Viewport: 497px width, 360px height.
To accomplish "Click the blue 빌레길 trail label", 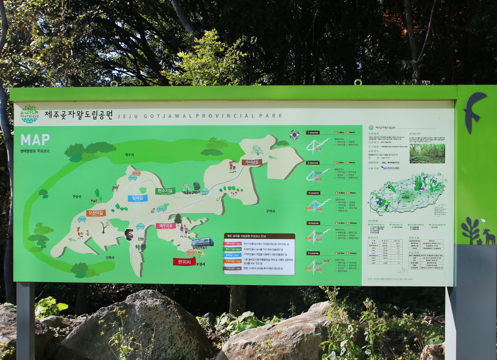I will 138,198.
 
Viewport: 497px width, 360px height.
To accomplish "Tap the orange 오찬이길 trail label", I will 96,213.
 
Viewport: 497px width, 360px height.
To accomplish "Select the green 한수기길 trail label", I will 165,191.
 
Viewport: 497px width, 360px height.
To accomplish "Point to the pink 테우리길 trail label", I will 166,226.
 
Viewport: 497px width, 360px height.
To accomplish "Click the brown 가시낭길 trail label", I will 252,162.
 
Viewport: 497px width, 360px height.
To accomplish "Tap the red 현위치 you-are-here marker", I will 184,262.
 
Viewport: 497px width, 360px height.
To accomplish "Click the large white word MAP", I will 35,140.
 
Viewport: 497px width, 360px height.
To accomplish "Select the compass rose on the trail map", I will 295,134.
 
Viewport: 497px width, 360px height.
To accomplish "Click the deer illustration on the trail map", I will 115,188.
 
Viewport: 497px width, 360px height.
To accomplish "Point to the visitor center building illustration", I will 202,242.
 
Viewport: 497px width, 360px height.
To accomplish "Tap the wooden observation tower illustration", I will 129,234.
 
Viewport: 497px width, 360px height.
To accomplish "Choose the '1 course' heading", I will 313,132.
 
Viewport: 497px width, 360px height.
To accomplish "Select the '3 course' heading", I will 313,193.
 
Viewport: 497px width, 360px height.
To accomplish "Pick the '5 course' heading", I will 313,253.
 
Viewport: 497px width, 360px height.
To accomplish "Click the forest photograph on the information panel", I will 427,153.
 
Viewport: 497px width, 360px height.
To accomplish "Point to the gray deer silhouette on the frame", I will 489,236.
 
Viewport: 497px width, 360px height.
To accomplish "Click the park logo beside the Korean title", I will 29,114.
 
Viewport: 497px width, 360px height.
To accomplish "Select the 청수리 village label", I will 129,155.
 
